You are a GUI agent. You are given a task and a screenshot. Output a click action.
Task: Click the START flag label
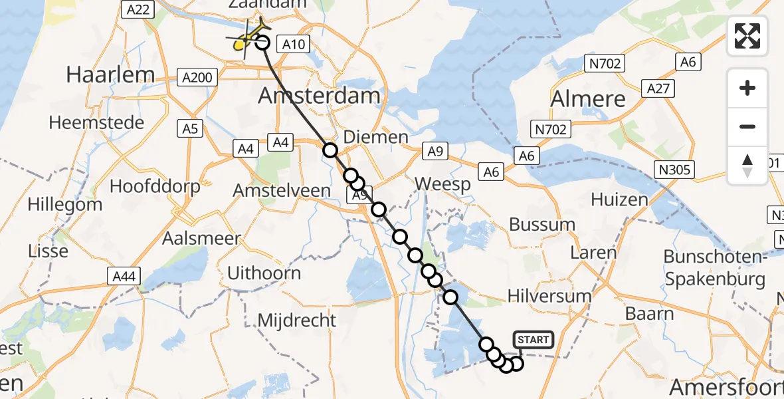533,340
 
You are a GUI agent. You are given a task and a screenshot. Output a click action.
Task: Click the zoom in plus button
747,88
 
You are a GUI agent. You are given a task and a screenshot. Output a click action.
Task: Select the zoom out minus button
747,126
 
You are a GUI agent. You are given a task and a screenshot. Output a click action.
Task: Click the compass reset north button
747,165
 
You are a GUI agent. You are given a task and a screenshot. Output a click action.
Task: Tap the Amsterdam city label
319,96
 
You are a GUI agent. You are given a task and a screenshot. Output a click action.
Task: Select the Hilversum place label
549,296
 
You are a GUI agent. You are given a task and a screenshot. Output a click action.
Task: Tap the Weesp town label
442,184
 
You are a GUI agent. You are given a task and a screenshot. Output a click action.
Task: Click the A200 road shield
198,78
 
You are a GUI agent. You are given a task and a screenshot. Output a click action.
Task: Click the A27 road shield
658,88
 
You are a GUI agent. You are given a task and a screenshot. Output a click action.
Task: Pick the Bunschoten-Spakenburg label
715,268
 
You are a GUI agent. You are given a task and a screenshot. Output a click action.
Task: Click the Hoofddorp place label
155,186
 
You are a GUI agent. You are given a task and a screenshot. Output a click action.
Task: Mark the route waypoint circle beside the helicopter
262,43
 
